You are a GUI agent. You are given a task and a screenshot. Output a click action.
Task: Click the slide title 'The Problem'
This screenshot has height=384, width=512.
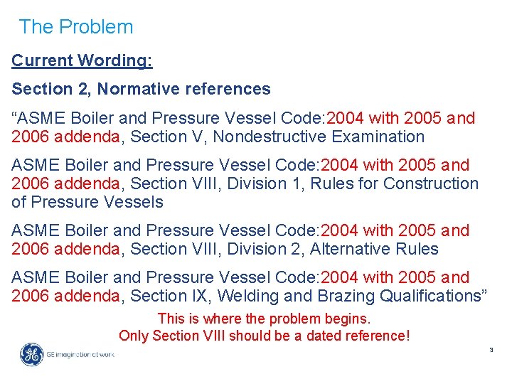tap(75, 27)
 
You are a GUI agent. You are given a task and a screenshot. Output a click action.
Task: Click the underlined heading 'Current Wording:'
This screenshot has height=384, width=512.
tap(82, 61)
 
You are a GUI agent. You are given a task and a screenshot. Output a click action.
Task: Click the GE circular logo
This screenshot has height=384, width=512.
tap(31, 353)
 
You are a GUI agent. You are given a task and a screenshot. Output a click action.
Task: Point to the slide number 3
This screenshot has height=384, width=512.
tap(490, 349)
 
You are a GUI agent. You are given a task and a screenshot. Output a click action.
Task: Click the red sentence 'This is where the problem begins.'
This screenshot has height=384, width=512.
tap(265, 319)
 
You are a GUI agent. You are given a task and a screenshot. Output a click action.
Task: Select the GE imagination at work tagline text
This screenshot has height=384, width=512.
tap(80, 354)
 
